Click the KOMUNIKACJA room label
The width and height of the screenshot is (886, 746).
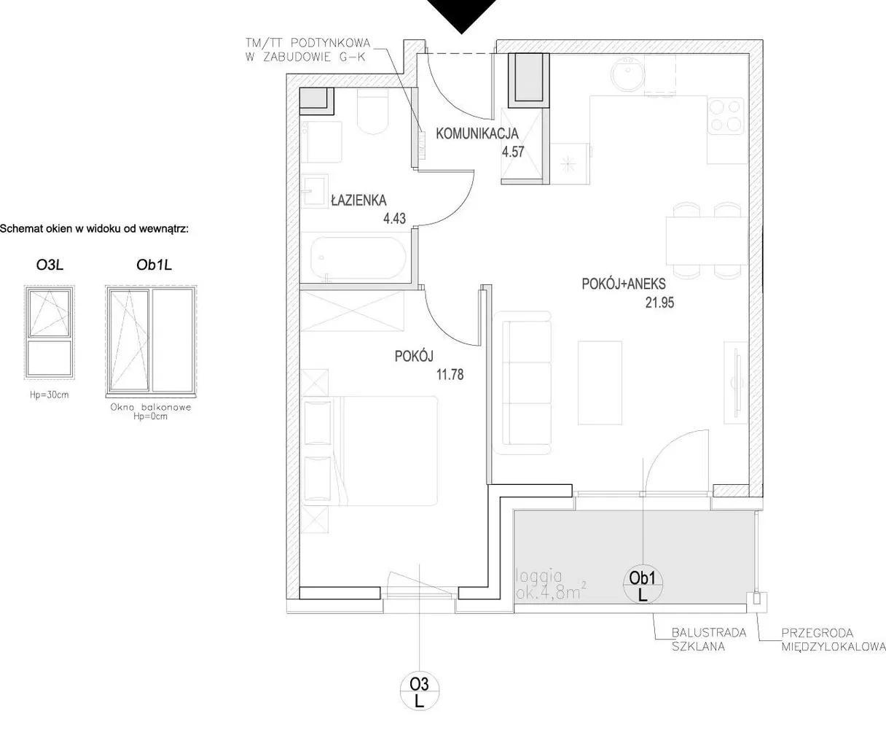pos(477,133)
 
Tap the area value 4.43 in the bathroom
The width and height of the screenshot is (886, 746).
pos(394,218)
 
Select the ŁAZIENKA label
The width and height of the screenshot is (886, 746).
pos(358,200)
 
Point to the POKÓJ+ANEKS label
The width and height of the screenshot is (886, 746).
pos(624,284)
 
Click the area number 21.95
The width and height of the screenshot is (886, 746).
pos(659,303)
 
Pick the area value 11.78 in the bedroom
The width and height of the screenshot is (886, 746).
pos(450,375)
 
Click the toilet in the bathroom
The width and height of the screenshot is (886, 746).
pos(373,111)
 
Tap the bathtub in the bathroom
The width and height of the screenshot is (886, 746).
pos(357,257)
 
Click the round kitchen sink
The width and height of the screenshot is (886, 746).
pos(627,74)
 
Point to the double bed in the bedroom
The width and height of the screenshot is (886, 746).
pos(369,451)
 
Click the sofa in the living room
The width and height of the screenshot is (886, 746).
pos(522,383)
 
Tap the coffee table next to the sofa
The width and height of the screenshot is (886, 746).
pos(600,383)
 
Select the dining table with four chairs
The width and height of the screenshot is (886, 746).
pos(707,241)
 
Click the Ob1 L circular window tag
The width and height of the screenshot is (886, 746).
pos(643,586)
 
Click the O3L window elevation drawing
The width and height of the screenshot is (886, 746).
pos(50,333)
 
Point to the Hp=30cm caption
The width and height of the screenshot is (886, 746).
pos(50,395)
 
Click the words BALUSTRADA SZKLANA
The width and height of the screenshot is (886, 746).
pos(709,640)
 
